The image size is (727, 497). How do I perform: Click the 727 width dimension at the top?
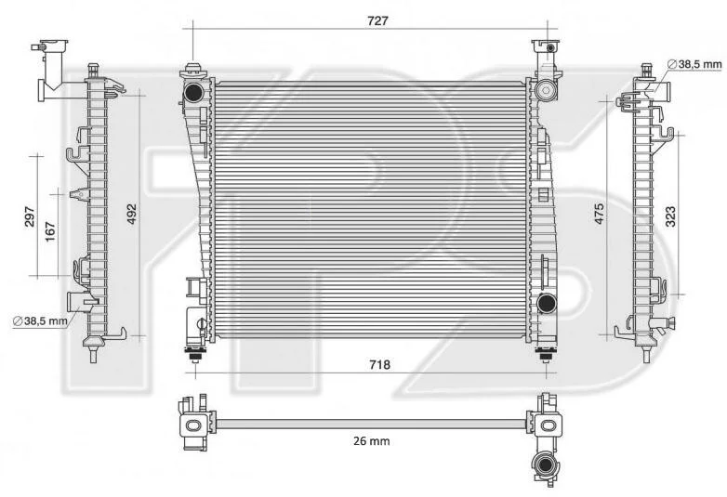point(377,20)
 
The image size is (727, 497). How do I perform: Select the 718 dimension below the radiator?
point(379,365)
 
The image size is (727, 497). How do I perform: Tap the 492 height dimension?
point(132,214)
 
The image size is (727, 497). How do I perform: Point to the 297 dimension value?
point(29,216)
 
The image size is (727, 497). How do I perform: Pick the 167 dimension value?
point(49,231)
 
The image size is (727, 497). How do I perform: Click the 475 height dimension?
point(599,214)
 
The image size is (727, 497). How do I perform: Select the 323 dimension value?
point(670,216)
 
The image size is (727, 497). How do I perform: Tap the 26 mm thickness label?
point(371,441)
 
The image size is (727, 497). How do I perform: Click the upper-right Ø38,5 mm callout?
point(694,64)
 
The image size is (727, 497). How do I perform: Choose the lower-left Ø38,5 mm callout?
point(40,320)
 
